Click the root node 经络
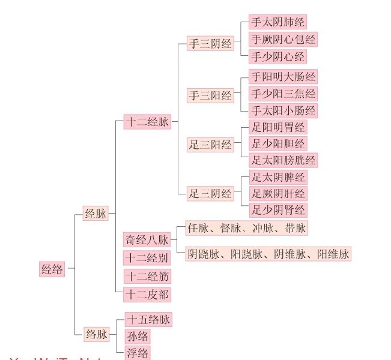click(52, 269)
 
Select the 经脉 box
click(96, 213)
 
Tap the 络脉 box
click(96, 334)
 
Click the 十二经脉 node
click(147, 121)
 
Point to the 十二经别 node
click(147, 258)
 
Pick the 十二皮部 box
click(147, 295)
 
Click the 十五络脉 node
click(148, 319)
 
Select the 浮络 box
click(137, 353)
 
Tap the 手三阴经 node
click(210, 44)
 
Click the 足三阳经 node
click(210, 145)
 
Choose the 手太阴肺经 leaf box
click(278, 23)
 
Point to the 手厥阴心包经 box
click(283, 40)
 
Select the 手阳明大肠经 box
click(283, 77)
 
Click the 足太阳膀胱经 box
click(283, 160)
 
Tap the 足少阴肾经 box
click(278, 210)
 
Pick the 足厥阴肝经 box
click(278, 193)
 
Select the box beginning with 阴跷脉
click(267, 254)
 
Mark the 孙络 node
click(137, 336)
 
